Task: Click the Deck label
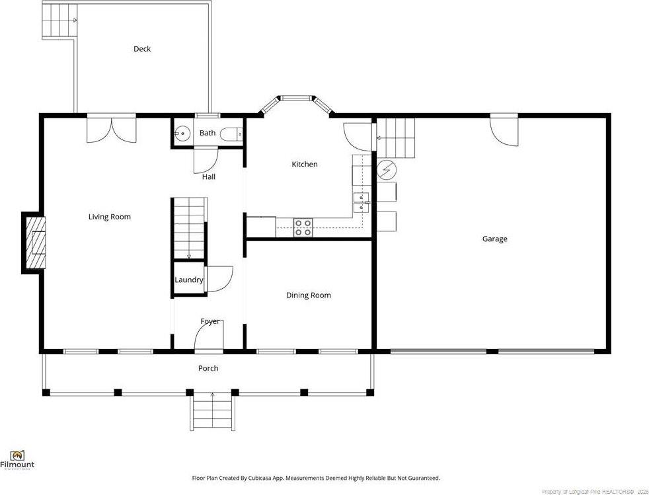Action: click(142, 49)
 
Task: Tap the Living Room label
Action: click(110, 217)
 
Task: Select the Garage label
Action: click(494, 239)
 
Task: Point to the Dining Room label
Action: click(308, 295)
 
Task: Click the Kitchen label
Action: click(305, 164)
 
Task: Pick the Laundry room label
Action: click(188, 280)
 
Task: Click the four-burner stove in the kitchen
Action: click(303, 228)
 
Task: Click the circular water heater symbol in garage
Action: click(385, 171)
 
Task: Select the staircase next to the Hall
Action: click(189, 228)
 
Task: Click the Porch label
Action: click(208, 368)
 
